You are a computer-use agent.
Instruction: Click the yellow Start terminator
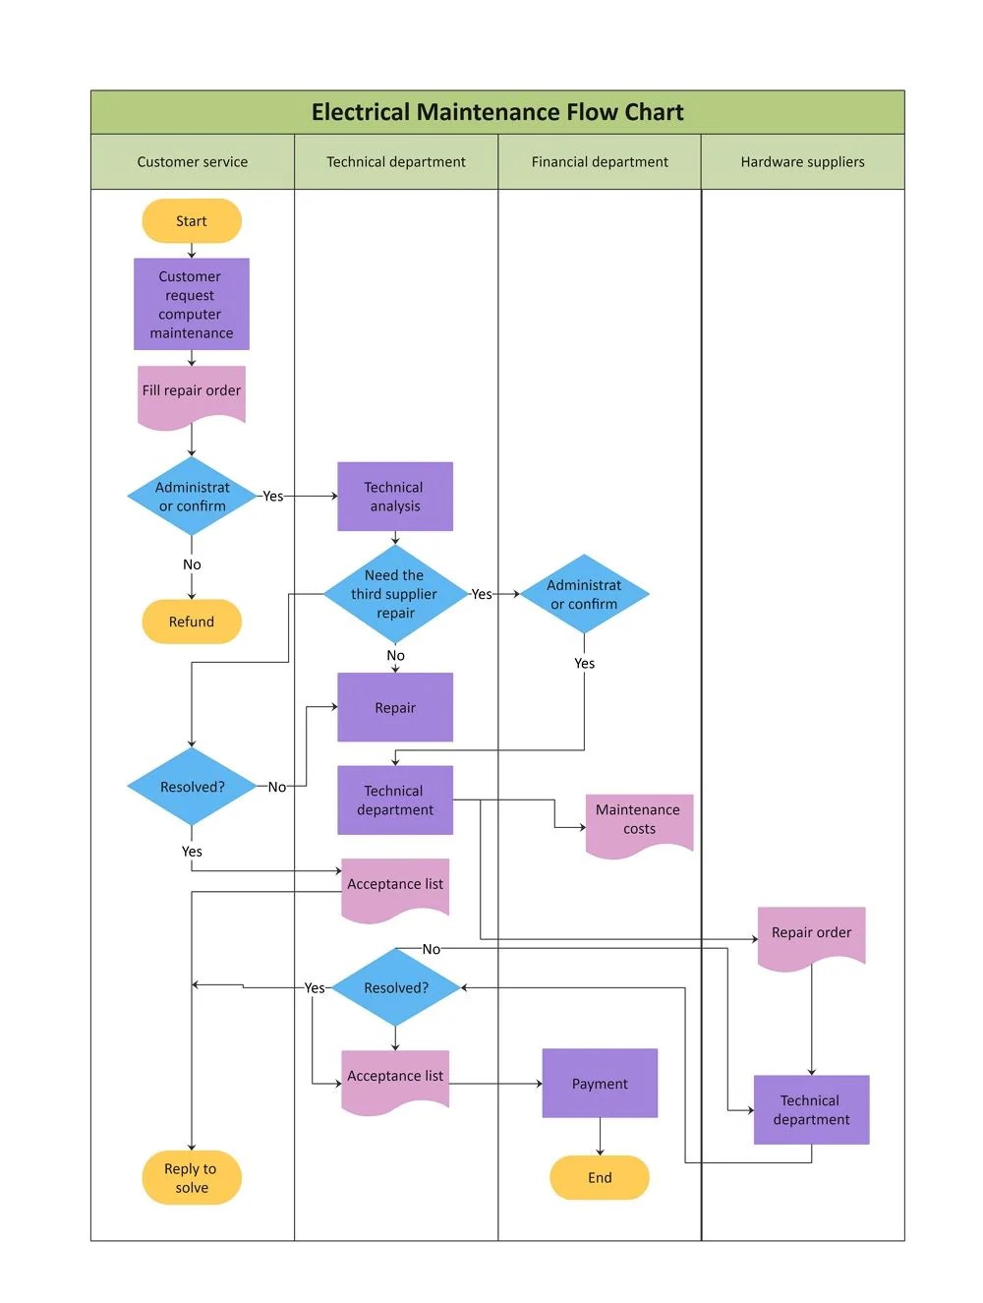(192, 221)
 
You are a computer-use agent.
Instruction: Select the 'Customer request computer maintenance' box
(192, 305)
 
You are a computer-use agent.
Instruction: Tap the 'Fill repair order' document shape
(192, 394)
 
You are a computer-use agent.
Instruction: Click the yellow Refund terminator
(192, 622)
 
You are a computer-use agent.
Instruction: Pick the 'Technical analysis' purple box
(395, 497)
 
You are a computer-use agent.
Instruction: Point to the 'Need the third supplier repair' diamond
(395, 594)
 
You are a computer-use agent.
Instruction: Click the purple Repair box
(395, 707)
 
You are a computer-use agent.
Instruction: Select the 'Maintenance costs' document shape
(639, 821)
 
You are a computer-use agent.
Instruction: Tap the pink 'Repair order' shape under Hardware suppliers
(811, 934)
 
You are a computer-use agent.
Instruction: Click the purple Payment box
(600, 1083)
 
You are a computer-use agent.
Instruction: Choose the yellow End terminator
(600, 1177)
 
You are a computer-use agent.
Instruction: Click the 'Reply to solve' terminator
(192, 1177)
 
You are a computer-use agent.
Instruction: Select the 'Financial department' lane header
(600, 162)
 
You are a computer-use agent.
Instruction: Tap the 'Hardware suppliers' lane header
(803, 162)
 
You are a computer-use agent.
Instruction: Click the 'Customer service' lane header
(193, 162)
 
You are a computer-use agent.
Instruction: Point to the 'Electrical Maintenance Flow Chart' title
(497, 112)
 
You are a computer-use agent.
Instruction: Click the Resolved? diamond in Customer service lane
(192, 787)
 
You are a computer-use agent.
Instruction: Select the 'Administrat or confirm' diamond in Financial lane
(585, 594)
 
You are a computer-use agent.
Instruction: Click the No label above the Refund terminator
(192, 564)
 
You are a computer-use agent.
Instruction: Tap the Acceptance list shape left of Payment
(395, 1079)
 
